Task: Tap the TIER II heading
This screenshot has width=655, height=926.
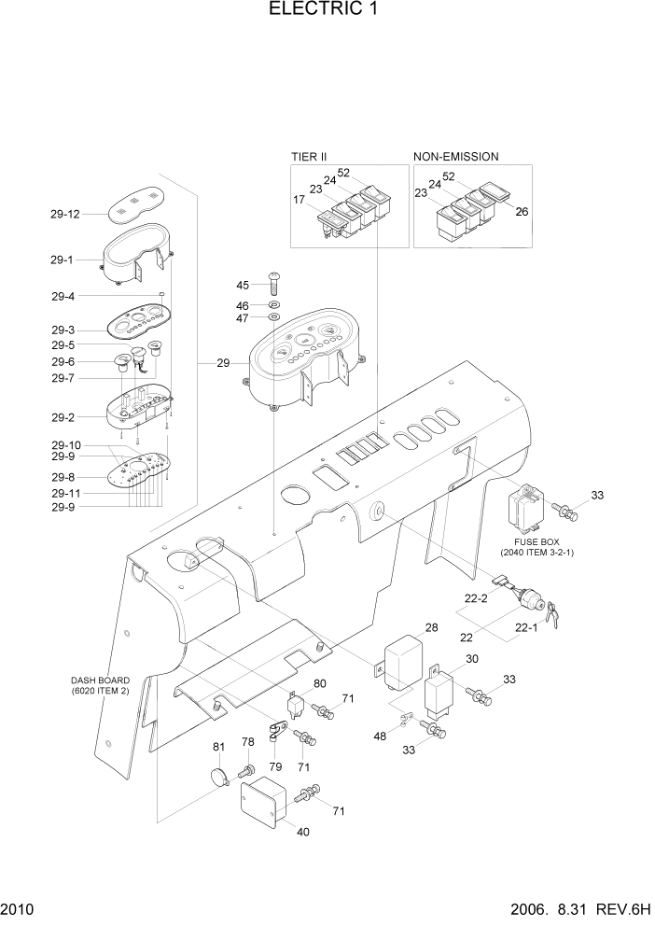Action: (x=308, y=157)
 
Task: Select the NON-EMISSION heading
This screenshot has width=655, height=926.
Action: (x=455, y=157)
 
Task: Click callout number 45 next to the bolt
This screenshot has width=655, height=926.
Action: (x=242, y=285)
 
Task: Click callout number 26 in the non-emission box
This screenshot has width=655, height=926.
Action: (x=522, y=212)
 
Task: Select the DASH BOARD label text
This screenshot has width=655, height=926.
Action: (x=100, y=680)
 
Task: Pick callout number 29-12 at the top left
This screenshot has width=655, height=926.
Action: (x=65, y=214)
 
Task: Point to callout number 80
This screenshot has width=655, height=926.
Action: (x=320, y=683)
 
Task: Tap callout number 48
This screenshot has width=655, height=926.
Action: (x=382, y=737)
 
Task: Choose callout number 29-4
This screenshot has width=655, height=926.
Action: (x=63, y=296)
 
